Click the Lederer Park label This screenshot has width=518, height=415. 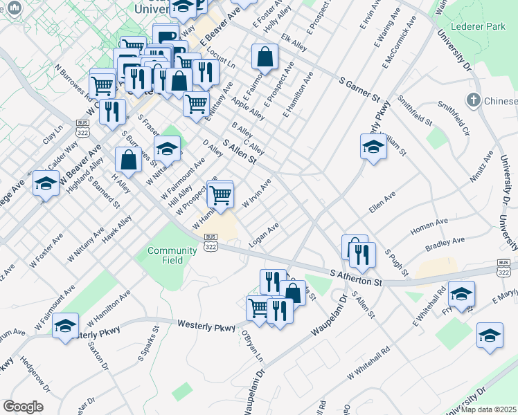click(478, 26)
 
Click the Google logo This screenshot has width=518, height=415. click(23, 406)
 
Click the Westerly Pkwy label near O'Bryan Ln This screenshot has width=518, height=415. click(206, 324)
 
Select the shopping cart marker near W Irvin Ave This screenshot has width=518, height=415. click(220, 194)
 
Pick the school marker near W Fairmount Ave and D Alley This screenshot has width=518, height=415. click(167, 149)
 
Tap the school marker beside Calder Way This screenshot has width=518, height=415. click(46, 183)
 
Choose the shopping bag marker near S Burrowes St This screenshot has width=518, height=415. click(129, 160)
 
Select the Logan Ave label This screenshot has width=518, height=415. click(264, 234)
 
